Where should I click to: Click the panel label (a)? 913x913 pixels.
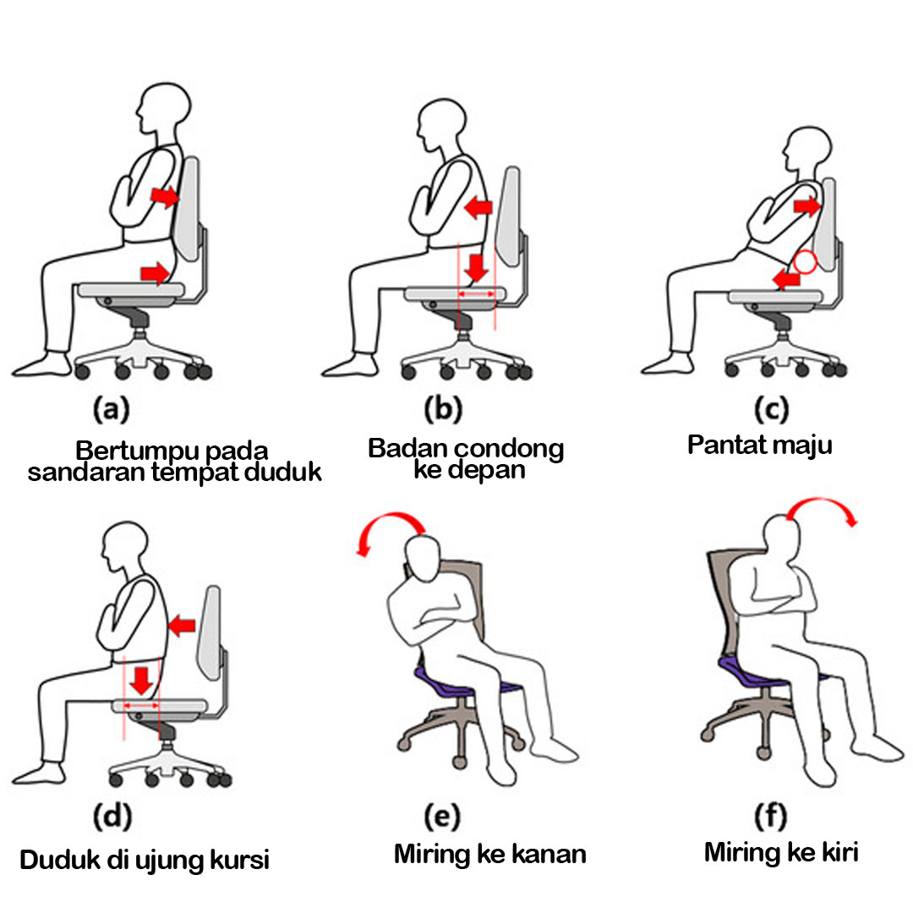tap(110, 410)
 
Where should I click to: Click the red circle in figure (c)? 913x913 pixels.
tap(805, 261)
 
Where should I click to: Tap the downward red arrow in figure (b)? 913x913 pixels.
tap(478, 267)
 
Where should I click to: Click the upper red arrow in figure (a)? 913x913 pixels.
tap(165, 197)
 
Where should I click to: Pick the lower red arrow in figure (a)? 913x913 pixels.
tap(156, 271)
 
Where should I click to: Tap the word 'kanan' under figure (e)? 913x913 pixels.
tap(549, 854)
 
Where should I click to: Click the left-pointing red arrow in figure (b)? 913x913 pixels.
tap(478, 205)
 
